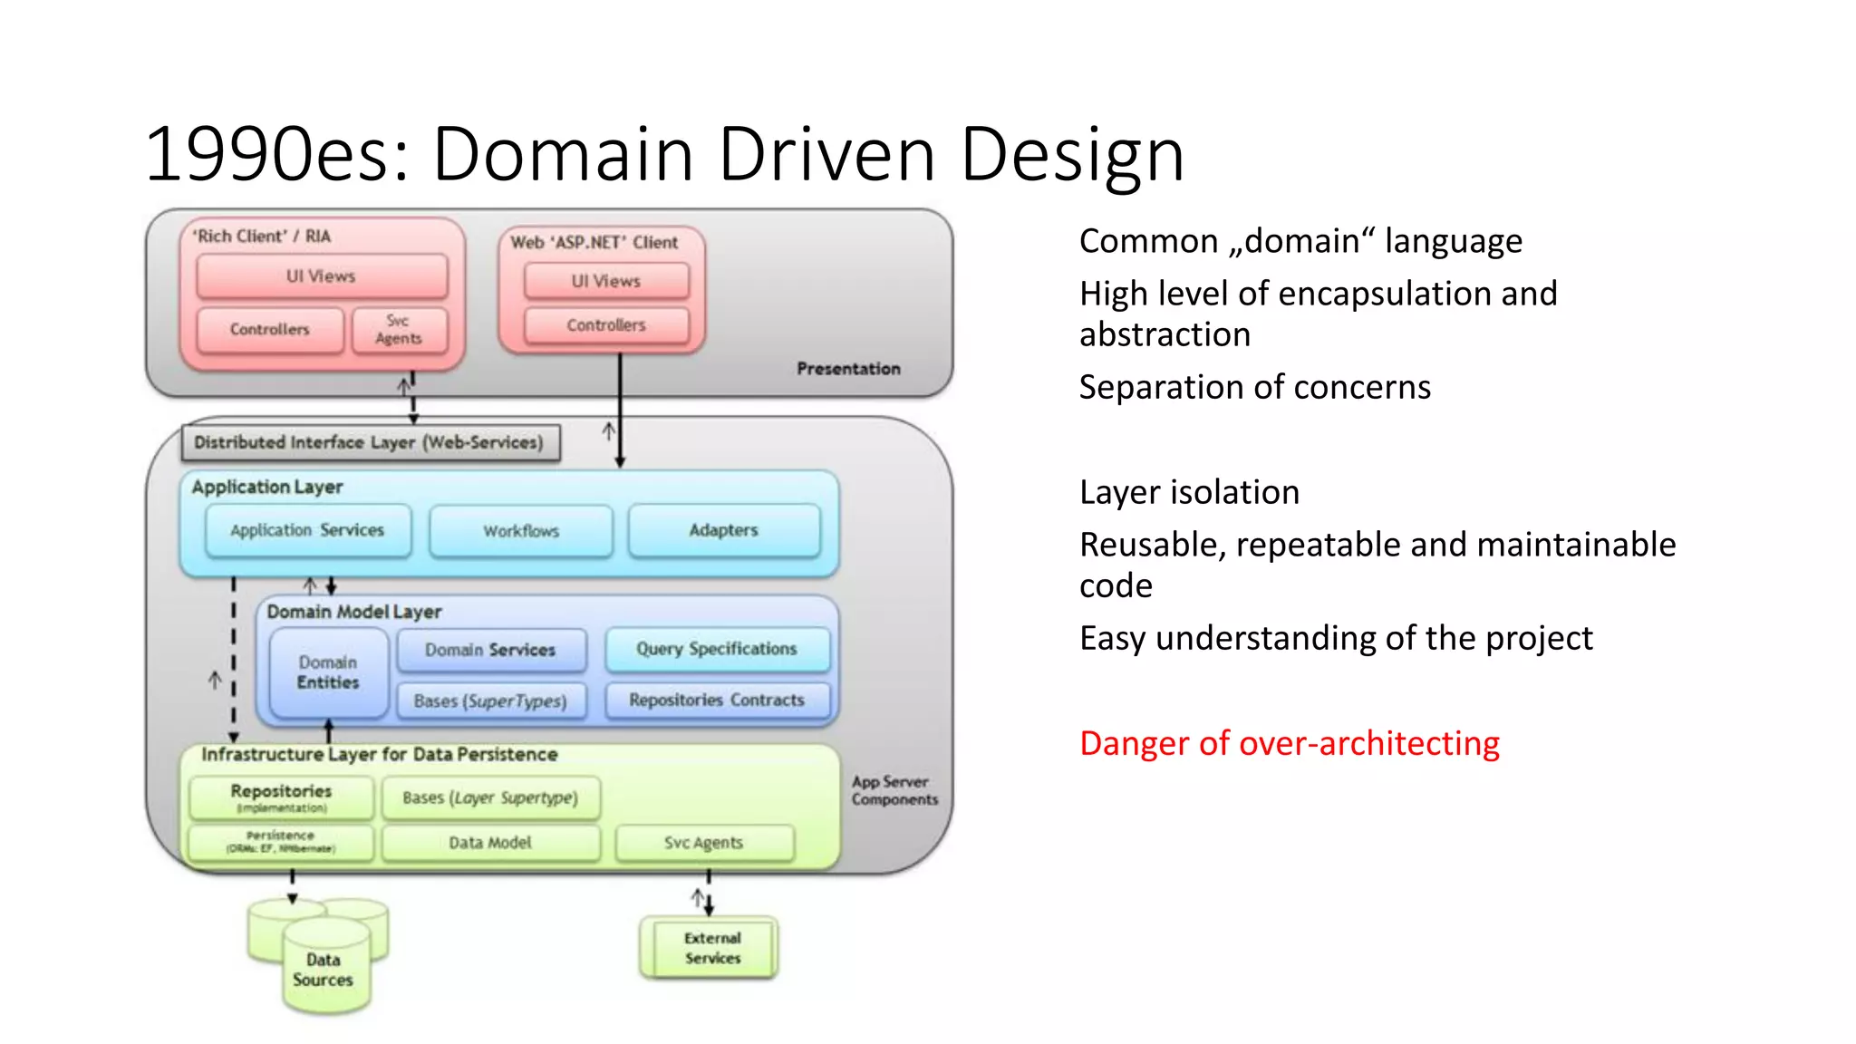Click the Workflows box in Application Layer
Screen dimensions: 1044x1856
[521, 531]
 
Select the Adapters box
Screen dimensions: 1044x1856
[723, 530]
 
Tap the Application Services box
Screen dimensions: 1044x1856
[307, 530]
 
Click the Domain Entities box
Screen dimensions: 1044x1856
[328, 672]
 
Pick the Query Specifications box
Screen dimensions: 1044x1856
[716, 649]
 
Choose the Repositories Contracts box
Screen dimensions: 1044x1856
[716, 700]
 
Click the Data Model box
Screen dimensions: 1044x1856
[490, 843]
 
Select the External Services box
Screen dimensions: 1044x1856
[712, 948]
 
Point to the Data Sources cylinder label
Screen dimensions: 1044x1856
[323, 970]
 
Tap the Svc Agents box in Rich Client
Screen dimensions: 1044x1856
[399, 330]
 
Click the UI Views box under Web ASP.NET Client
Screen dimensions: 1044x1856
[605, 282]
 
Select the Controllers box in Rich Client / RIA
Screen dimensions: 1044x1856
[269, 330]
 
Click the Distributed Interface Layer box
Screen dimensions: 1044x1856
[369, 442]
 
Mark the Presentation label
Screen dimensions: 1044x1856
[848, 369]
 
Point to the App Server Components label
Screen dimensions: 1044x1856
[894, 790]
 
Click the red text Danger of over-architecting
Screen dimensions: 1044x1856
[1289, 743]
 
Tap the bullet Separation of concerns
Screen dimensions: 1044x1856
[1254, 387]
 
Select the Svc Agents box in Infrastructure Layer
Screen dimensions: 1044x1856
[703, 843]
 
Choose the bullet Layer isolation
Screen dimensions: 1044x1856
[1189, 492]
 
